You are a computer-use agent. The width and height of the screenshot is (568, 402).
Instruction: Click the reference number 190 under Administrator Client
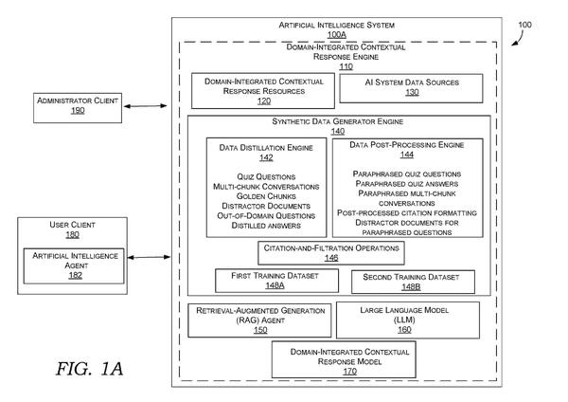pyautogui.click(x=78, y=110)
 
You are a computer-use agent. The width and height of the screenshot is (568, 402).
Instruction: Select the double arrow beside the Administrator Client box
pyautogui.click(x=145, y=106)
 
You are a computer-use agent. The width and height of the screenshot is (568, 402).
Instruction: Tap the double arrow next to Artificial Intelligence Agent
pyautogui.click(x=149, y=257)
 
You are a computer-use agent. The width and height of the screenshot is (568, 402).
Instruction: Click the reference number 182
pyautogui.click(x=76, y=275)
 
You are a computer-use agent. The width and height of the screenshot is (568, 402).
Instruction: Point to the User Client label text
pyautogui.click(x=73, y=225)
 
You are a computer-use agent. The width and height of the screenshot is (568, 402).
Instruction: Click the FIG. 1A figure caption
pyautogui.click(x=89, y=369)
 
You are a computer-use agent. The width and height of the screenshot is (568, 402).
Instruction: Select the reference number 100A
pyautogui.click(x=336, y=34)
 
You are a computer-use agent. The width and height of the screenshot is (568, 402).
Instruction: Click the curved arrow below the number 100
pyautogui.click(x=518, y=39)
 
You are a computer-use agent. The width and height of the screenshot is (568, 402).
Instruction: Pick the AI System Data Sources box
pyautogui.click(x=411, y=88)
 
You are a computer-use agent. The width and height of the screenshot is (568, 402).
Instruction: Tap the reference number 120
pyautogui.click(x=264, y=100)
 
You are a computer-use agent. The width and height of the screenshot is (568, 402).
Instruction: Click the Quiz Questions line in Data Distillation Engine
pyautogui.click(x=266, y=176)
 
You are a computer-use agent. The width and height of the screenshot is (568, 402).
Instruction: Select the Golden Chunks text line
pyautogui.click(x=266, y=196)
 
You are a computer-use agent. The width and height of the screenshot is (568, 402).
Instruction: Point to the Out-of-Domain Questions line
pyautogui.click(x=266, y=215)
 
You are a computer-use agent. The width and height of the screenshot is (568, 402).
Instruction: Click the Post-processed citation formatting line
pyautogui.click(x=407, y=212)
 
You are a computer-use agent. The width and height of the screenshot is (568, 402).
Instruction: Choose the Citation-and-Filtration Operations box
pyautogui.click(x=331, y=253)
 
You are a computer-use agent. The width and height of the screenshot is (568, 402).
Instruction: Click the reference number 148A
pyautogui.click(x=275, y=285)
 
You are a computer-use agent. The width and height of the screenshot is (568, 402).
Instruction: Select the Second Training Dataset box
pyautogui.click(x=413, y=282)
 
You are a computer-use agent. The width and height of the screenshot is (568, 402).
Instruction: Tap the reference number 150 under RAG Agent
pyautogui.click(x=260, y=330)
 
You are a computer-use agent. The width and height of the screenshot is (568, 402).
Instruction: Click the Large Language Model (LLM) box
pyautogui.click(x=408, y=320)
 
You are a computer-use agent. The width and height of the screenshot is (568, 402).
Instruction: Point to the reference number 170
pyautogui.click(x=350, y=371)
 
